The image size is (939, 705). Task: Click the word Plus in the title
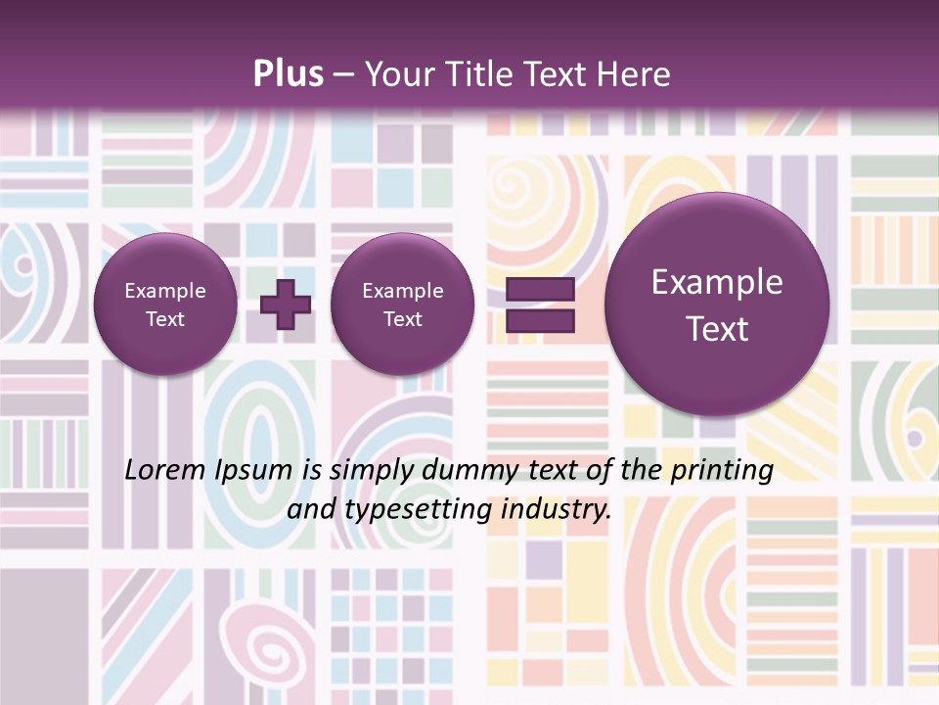pos(288,74)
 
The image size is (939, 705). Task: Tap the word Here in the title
pos(635,74)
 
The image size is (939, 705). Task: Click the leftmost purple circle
pos(165,305)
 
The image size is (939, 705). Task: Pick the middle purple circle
pos(402,305)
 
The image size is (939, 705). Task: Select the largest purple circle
pos(717,305)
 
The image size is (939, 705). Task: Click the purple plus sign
pos(286,305)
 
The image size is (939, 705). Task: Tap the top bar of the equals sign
pos(540,290)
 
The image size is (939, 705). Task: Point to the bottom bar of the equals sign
pos(540,320)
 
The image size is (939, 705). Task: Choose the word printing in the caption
pos(721,471)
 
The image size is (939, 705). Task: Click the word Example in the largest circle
pos(717,283)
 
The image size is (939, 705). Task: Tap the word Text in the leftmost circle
pos(165,319)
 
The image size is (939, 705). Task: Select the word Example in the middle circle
pos(402,291)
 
